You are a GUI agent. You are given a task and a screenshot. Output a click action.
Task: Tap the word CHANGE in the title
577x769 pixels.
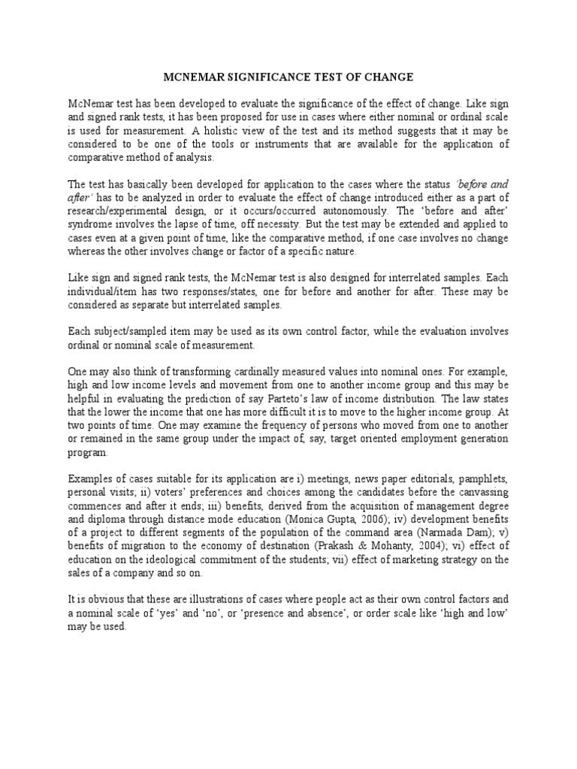(x=385, y=77)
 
